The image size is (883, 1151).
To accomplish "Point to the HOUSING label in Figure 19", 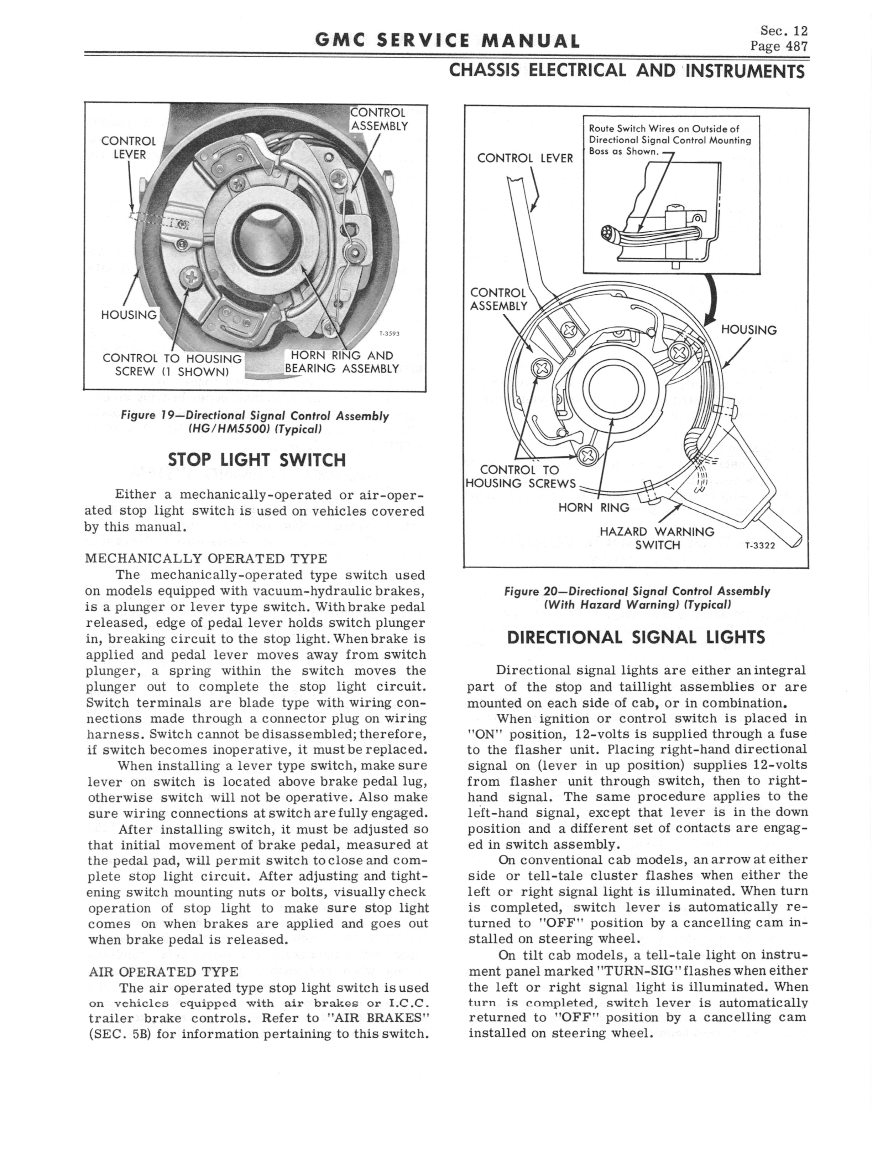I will click(x=129, y=315).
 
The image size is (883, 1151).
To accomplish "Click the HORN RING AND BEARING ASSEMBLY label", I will click(x=342, y=362).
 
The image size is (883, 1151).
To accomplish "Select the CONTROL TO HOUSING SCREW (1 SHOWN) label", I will click(x=172, y=365).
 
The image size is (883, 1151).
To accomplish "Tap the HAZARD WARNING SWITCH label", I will click(x=657, y=538).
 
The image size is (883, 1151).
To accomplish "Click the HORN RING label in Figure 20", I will click(x=594, y=507).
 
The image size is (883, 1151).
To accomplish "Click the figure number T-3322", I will click(x=761, y=545).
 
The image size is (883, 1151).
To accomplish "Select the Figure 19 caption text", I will click(x=255, y=422).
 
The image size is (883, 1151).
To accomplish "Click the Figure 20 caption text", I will click(x=637, y=597).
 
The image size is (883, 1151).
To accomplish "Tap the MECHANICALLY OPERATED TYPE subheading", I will click(x=206, y=558).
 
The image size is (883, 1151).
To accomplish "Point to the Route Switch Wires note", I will click(x=670, y=140).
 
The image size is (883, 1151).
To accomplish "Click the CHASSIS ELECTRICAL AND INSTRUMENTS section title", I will click(x=627, y=71).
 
